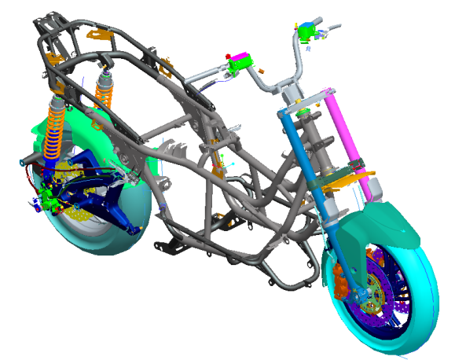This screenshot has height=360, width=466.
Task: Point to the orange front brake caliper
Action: point(343,283)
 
